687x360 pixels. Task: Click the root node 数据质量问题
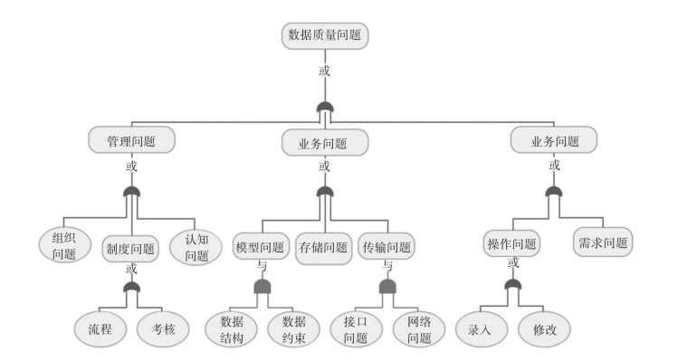(x=327, y=35)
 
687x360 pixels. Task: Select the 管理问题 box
(x=132, y=141)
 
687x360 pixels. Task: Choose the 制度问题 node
(x=130, y=249)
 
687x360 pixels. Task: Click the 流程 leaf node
(x=100, y=329)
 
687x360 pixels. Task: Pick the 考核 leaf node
(x=163, y=329)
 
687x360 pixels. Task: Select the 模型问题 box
(x=260, y=247)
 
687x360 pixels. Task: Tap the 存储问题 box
(x=324, y=248)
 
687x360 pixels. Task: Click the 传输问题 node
(x=387, y=247)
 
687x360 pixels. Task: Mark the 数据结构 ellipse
(x=232, y=330)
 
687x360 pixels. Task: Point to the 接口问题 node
(x=356, y=330)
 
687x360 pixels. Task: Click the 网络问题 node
(x=419, y=330)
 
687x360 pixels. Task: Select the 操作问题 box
(x=512, y=243)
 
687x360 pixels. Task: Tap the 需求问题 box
(x=602, y=242)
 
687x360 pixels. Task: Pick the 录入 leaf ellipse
(x=480, y=329)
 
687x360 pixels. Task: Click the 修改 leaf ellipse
(x=545, y=329)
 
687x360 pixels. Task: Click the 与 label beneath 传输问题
(x=387, y=266)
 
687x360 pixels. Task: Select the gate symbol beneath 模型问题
(x=262, y=287)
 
